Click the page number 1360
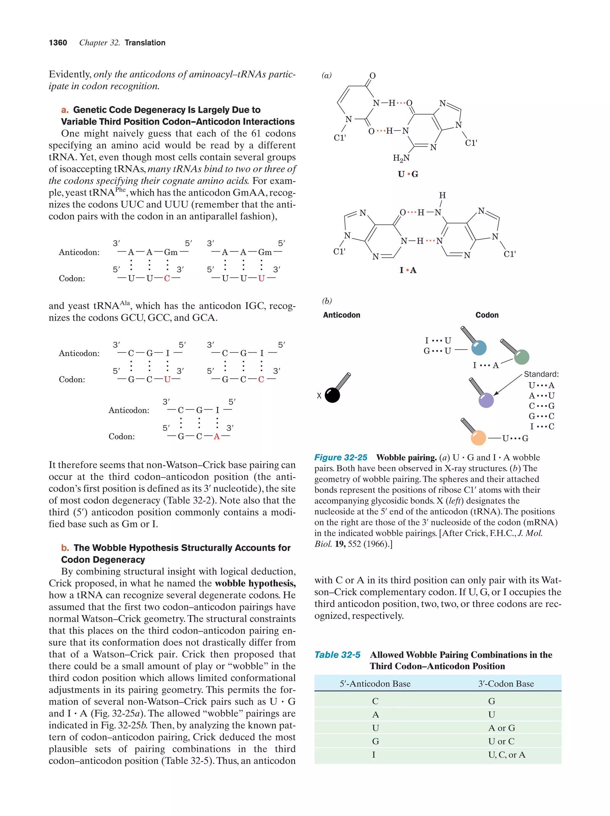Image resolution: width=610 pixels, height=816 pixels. pos(58,43)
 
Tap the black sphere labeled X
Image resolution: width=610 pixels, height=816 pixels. pos(332,395)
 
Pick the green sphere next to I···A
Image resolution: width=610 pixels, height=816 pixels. pos(522,357)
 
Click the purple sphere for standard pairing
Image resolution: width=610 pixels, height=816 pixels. pos(486,400)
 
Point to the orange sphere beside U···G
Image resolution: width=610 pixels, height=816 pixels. pos(479,438)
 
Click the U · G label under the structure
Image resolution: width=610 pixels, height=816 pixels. pos(408,174)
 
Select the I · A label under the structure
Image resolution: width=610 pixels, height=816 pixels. pos(408,270)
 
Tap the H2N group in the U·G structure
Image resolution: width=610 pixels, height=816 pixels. pos(401,158)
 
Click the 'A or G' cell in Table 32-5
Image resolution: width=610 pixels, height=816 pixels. pos(502,728)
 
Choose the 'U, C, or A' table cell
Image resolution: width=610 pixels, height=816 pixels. pos(506,755)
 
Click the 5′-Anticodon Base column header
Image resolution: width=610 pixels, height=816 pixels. pos(375,684)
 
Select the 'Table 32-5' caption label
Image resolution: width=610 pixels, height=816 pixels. pos(337,655)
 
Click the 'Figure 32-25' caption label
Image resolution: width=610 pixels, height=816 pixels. pos(341,458)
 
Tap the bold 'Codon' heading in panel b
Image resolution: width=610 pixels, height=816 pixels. pos(487,315)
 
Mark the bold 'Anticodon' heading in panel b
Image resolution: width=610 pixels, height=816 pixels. pos(341,315)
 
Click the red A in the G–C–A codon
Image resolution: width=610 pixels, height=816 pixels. pos(217,437)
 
